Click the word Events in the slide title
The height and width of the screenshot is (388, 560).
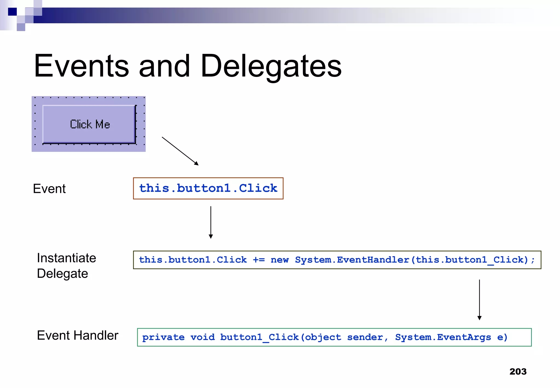coord(81,66)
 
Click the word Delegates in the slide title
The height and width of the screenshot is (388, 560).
coord(271,66)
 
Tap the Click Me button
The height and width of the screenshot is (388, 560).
coord(89,124)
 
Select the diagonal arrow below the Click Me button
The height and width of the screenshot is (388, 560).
coord(180,151)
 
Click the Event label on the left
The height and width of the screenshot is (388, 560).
coord(49,189)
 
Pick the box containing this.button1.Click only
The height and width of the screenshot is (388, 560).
coord(208,188)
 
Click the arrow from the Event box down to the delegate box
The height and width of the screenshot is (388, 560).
coord(211,222)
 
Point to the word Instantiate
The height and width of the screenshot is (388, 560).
coord(66,258)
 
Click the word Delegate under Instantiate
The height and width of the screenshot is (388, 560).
coord(62,274)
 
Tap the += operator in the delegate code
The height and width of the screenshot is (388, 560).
coord(259,260)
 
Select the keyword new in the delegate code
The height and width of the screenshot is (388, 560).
coord(279,260)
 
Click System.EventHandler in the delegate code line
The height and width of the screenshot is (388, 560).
coord(352,260)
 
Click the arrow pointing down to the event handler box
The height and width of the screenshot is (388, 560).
coord(479,300)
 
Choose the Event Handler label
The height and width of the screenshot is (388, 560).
coord(78,335)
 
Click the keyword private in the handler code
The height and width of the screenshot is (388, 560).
coord(163,337)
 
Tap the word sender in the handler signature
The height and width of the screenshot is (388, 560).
coord(365,337)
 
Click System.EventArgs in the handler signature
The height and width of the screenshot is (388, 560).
coord(443,337)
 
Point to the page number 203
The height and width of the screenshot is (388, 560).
coord(518,372)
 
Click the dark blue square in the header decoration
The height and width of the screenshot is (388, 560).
coord(12,12)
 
